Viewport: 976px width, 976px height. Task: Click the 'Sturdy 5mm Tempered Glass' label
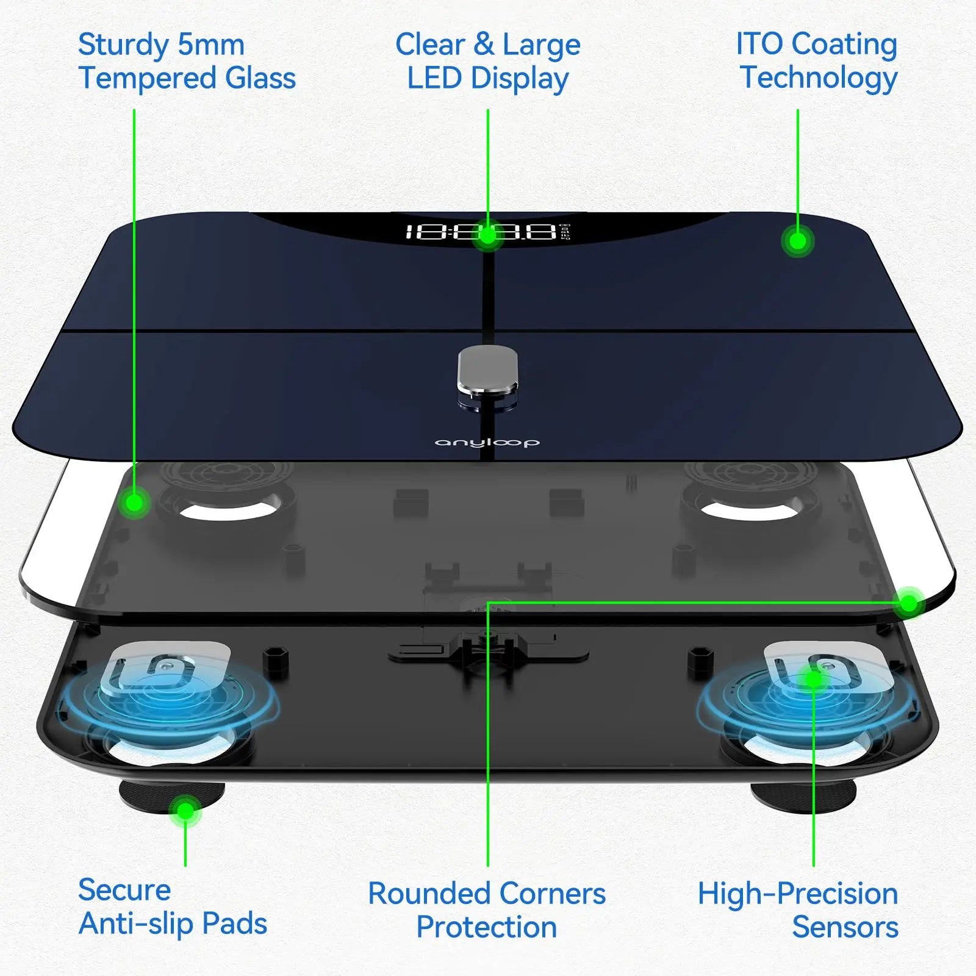[x=187, y=62]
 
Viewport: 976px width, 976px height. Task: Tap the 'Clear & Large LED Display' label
[x=488, y=62]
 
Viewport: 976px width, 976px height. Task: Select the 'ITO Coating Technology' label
[x=817, y=61]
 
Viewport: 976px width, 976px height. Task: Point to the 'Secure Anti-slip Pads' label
[x=173, y=906]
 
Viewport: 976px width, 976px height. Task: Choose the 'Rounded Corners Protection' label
[x=487, y=910]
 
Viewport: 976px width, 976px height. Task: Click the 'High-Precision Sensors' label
[x=798, y=910]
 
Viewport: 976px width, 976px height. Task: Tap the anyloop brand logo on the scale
[x=487, y=442]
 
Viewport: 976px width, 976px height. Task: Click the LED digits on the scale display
[x=482, y=232]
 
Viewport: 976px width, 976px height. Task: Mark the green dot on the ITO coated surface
[x=797, y=242]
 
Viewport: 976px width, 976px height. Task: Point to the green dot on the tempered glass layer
[x=134, y=503]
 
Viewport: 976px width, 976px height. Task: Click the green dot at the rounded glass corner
[x=909, y=604]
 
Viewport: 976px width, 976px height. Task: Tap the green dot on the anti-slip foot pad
[x=185, y=811]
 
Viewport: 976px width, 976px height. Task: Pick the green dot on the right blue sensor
[x=813, y=679]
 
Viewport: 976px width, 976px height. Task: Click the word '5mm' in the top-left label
[x=211, y=45]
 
